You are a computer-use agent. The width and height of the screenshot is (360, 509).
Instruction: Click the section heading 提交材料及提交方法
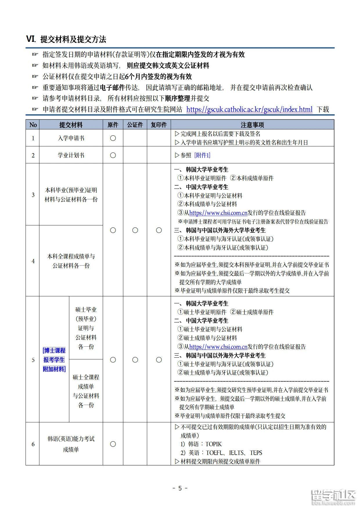pos(73,39)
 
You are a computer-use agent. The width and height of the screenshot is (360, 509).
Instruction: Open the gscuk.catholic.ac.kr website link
pos(249,110)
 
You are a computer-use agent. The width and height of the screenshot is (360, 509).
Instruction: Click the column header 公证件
pos(135,125)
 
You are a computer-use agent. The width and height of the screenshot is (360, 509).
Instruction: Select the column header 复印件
pos(159,125)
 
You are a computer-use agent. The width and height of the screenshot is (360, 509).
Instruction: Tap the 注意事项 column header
pos(252,125)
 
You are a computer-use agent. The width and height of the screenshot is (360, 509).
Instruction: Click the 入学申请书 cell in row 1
pos(71,138)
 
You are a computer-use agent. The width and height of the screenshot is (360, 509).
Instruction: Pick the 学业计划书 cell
pos(71,155)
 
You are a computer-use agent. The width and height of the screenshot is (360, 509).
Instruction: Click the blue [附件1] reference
pos(202,155)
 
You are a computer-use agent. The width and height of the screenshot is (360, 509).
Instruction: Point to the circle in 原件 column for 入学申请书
pos(113,138)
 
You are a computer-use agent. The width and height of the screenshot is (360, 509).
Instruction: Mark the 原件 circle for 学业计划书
pos(113,155)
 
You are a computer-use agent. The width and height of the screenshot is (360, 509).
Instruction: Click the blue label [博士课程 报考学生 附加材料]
pos(54,360)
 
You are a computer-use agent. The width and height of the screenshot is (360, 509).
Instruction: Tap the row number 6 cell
pos(33,444)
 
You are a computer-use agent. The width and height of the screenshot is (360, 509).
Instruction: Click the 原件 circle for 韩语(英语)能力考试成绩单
pos(113,444)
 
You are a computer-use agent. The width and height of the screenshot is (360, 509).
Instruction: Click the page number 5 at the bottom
pos(180,488)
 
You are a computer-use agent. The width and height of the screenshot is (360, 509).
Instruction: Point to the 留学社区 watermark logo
pos(333,497)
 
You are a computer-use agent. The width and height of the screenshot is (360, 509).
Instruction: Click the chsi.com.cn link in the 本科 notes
pos(218,213)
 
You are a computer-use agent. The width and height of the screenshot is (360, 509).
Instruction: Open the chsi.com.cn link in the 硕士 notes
pos(218,347)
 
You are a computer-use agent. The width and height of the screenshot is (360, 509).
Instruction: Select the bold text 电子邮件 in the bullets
pos(112,87)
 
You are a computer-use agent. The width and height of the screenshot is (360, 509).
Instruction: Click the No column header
pos(33,125)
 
